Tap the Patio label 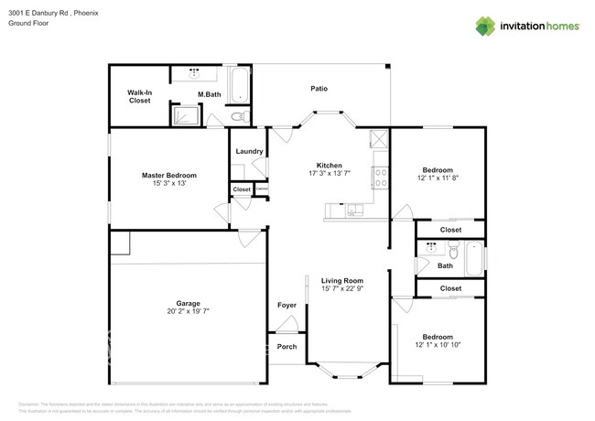coord(319,89)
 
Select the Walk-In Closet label coord(139,96)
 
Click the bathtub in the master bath coord(240,84)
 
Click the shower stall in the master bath coord(186,115)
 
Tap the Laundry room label coord(249,151)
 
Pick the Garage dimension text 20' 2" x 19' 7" coord(188,311)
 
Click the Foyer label coord(286,305)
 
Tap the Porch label coord(286,346)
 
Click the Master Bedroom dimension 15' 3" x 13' coord(168,183)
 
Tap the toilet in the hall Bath coord(453,249)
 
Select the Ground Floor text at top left coord(28,24)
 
